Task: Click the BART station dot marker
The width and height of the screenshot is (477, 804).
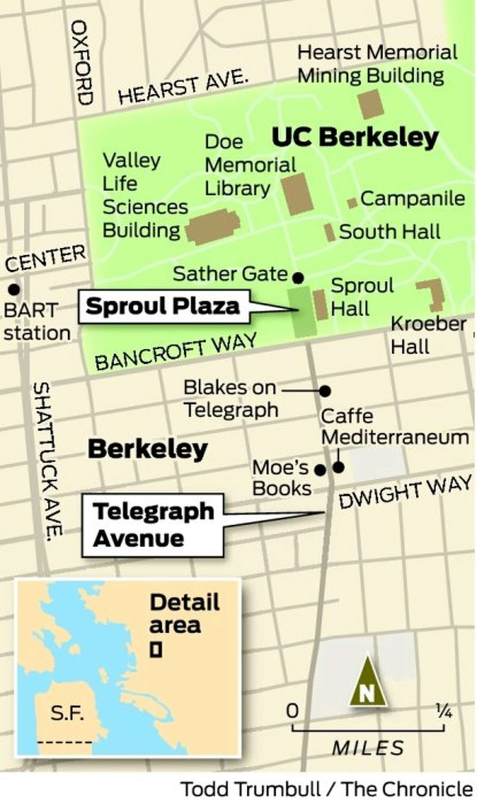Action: pyautogui.click(x=15, y=289)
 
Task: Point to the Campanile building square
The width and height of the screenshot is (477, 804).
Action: pyautogui.click(x=352, y=203)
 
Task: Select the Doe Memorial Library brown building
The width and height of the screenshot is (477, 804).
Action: pyautogui.click(x=297, y=194)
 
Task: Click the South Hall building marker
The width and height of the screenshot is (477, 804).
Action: pyautogui.click(x=330, y=232)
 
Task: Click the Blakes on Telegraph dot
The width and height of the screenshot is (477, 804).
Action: pyautogui.click(x=325, y=391)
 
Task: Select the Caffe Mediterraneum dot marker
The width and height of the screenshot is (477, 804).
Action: pyautogui.click(x=338, y=468)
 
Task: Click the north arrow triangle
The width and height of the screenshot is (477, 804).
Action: pyautogui.click(x=368, y=682)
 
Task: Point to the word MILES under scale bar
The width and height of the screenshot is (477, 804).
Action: pyautogui.click(x=368, y=748)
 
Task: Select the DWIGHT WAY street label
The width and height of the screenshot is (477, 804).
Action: pyautogui.click(x=405, y=492)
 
